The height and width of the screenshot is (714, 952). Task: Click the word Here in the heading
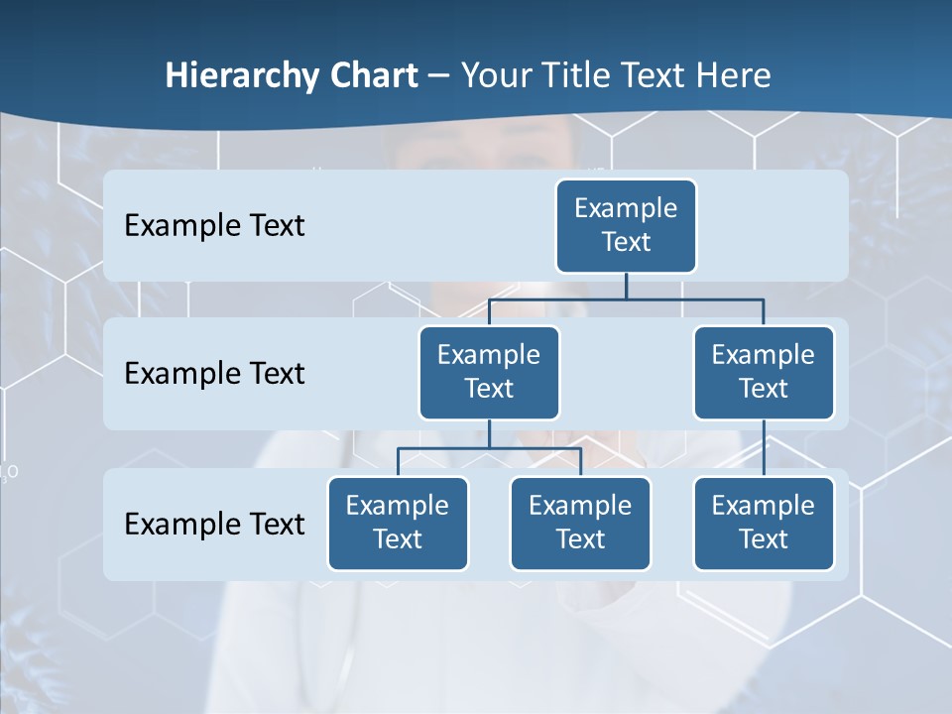[x=732, y=76]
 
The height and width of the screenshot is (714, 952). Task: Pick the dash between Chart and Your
[x=438, y=77]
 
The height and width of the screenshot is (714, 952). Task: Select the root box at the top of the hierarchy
[x=626, y=225]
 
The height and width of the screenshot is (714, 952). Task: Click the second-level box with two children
[x=489, y=372]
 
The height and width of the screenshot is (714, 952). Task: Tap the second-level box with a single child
[x=764, y=372]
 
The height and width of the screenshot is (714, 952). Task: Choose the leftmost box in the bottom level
[x=398, y=523]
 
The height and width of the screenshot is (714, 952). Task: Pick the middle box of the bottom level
[x=580, y=523]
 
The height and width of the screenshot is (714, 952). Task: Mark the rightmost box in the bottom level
[x=764, y=523]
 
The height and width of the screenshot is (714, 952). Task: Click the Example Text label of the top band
[x=214, y=226]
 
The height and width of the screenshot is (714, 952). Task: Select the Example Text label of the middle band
[x=214, y=374]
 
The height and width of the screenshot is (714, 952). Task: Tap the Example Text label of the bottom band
[x=214, y=524]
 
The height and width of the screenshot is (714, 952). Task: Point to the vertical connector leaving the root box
[x=626, y=286]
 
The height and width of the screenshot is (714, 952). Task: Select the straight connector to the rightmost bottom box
[x=764, y=447]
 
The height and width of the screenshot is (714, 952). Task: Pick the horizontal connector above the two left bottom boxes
[x=489, y=448]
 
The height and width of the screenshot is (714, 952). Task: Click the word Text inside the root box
[x=626, y=242]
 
